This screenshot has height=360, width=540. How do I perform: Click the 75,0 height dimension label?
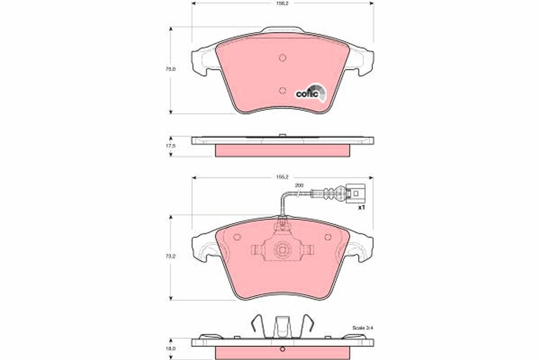tap(171, 69)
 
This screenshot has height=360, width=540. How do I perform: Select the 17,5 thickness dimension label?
tap(171, 146)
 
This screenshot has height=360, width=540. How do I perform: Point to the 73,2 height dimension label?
tap(171, 256)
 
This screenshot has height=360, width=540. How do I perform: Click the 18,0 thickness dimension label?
tap(171, 348)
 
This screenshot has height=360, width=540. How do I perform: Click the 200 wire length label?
tap(299, 185)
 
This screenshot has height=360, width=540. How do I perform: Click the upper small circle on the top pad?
tap(283, 58)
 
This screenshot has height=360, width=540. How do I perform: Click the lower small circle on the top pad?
tap(283, 90)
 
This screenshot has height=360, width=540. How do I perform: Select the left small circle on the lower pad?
tap(237, 237)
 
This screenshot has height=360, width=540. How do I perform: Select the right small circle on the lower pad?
tap(328, 237)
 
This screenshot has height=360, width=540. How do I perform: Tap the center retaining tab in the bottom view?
tap(283, 326)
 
